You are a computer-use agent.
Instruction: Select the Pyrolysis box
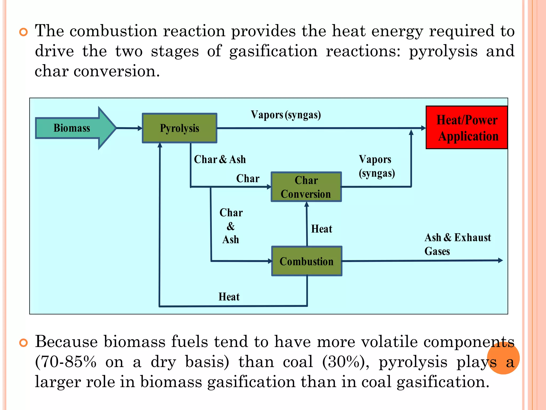179,128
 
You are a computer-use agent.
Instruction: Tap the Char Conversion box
306,187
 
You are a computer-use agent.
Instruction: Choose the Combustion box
307,261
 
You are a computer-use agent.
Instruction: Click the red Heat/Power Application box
467,128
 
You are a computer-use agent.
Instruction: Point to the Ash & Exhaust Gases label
457,244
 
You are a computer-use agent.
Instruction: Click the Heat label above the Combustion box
322,229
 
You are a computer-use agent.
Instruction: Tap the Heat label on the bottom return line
229,297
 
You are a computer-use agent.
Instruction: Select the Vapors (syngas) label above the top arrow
286,115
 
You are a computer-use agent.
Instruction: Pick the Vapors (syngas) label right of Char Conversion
376,166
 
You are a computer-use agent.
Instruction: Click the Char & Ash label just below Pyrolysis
220,159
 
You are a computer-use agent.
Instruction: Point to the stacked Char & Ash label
231,226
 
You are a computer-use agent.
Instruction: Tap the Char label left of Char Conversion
248,179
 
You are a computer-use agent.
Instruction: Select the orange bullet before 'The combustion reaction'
23,32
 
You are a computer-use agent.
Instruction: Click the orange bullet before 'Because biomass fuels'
23,343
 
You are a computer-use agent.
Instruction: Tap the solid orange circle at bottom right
503,358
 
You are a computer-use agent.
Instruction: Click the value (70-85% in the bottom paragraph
66,362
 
